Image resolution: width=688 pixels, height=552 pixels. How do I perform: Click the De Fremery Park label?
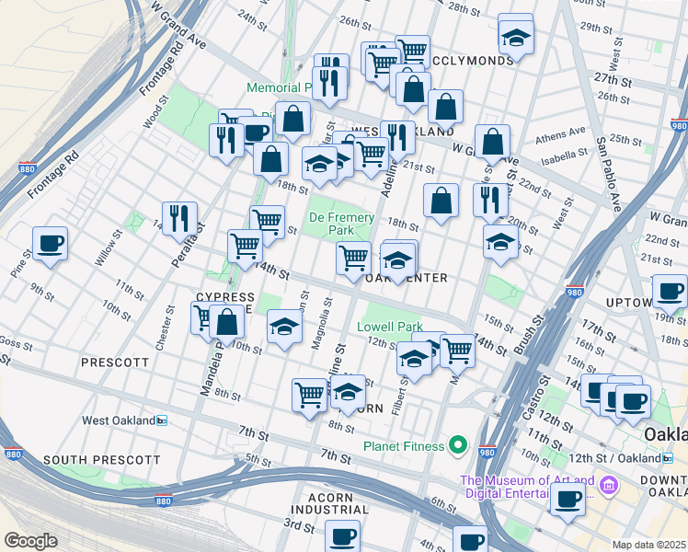click(x=340, y=224)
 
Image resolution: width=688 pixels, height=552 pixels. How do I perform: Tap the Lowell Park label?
click(x=388, y=327)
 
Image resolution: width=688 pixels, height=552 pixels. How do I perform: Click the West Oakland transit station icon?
click(x=162, y=420)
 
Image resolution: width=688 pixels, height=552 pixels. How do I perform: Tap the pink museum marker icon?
click(x=607, y=485)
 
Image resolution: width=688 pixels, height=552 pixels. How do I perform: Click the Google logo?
click(x=30, y=540)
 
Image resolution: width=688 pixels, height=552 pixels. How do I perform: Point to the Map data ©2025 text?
click(x=649, y=545)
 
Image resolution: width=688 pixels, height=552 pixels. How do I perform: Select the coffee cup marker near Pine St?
click(x=50, y=244)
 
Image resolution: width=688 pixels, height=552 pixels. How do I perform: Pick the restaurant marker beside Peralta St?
click(x=179, y=219)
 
